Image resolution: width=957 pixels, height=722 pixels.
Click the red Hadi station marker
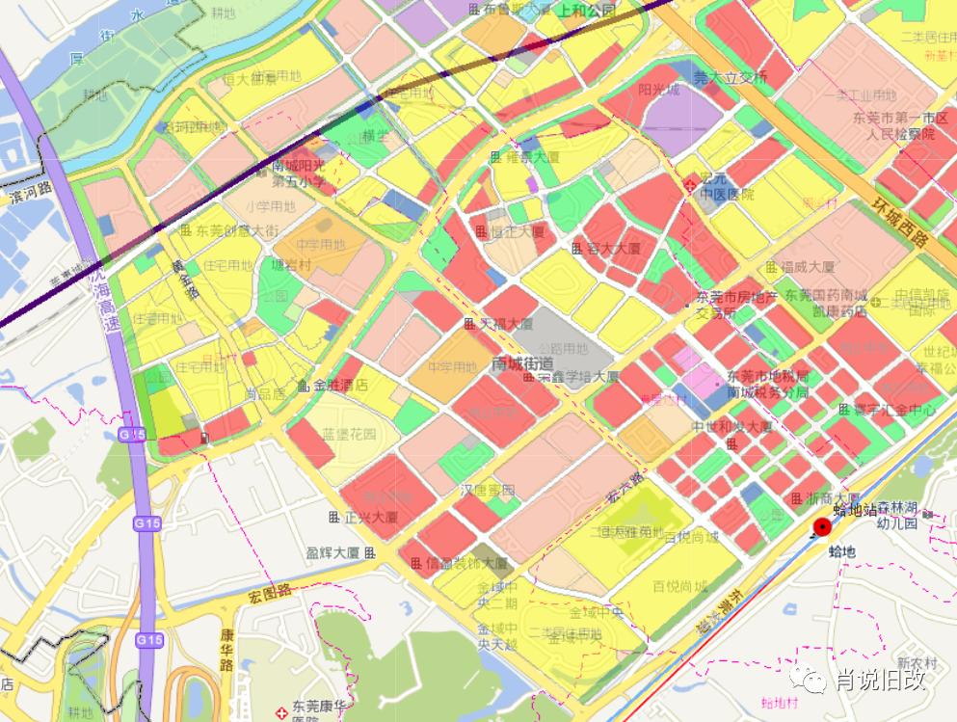(x=822, y=526)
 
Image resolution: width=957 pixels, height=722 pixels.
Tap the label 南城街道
(x=522, y=364)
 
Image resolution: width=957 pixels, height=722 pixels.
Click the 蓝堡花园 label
(x=347, y=434)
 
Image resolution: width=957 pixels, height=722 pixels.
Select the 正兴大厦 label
(x=371, y=518)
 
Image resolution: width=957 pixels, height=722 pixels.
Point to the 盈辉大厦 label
(x=332, y=553)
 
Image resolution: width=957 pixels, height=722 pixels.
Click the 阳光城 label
(x=658, y=90)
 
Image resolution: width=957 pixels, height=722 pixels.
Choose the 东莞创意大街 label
(x=236, y=230)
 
